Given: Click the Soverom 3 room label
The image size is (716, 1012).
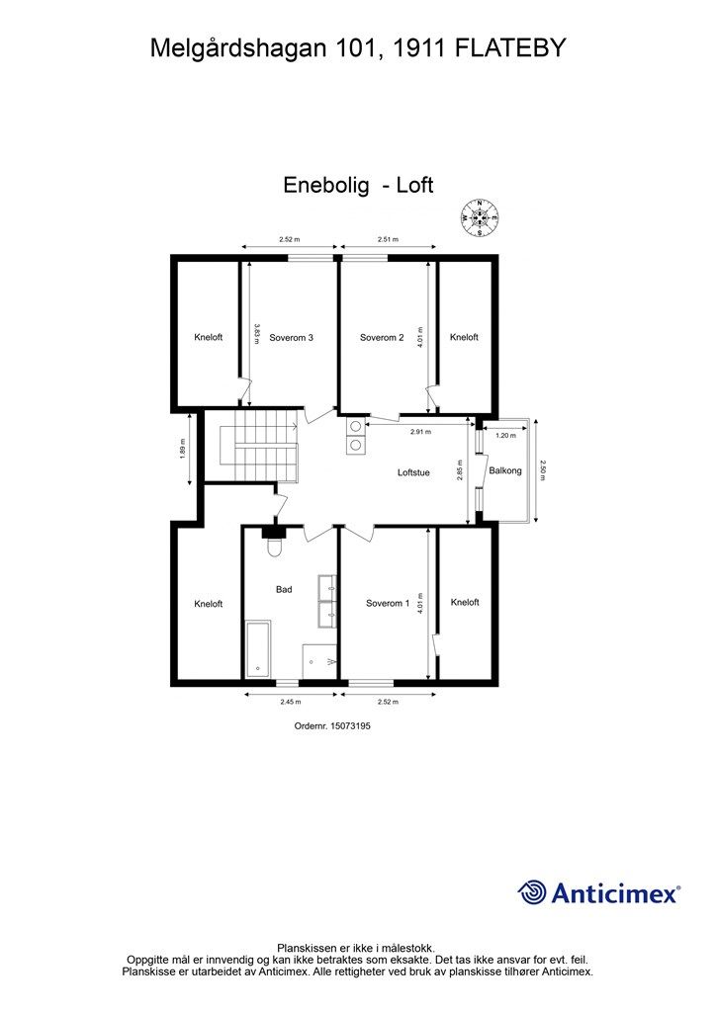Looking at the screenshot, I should [291, 337].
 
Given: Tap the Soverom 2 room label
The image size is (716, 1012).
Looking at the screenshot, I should [382, 337].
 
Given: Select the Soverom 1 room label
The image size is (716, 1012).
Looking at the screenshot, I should [387, 603].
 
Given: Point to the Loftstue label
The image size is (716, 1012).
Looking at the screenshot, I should [413, 472].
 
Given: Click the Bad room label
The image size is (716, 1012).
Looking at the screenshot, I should [284, 590].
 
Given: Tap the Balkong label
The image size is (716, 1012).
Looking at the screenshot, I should [505, 471].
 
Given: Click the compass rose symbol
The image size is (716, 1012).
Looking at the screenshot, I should [480, 216].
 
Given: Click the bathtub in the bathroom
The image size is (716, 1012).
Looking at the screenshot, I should [258, 648].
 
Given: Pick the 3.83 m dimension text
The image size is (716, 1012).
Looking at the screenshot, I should [256, 333].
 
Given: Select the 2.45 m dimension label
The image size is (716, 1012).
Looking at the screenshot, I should [290, 702].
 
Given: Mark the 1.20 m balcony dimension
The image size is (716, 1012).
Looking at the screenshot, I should [506, 435].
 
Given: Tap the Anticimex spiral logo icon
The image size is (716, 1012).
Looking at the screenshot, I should [533, 892].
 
